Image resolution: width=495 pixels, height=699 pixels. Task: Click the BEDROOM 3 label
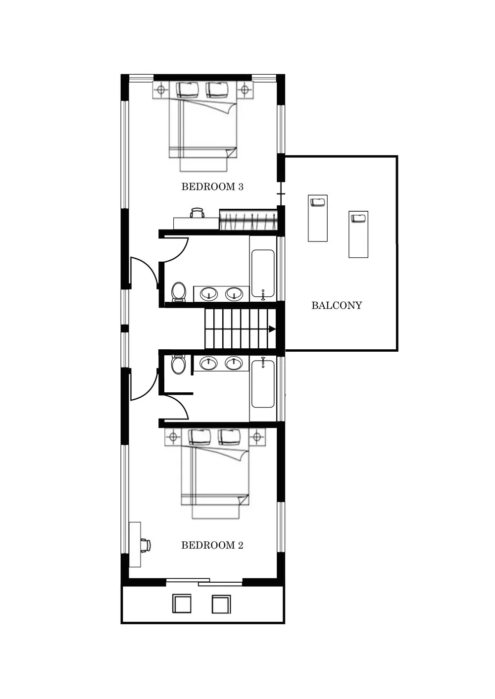(x=212, y=187)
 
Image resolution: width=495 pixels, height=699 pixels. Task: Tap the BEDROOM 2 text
(x=212, y=546)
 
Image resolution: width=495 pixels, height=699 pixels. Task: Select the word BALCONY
(x=337, y=306)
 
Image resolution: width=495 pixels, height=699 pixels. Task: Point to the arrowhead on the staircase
(x=272, y=329)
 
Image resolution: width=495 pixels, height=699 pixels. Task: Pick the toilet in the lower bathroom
(x=178, y=365)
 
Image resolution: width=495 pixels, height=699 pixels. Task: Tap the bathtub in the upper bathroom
(x=263, y=274)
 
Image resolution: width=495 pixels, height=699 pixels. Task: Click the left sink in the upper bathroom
(x=209, y=294)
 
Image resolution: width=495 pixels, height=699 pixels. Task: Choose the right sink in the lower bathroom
(x=234, y=363)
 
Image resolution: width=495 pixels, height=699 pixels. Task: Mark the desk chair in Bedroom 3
(x=197, y=213)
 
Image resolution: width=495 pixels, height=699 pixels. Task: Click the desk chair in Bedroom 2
(x=145, y=545)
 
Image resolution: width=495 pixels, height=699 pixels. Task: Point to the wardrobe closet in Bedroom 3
(x=247, y=220)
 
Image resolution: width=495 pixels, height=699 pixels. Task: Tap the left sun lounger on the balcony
(x=318, y=218)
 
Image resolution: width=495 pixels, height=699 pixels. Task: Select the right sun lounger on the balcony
(x=358, y=234)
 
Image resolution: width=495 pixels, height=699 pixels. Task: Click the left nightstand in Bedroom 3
(x=160, y=90)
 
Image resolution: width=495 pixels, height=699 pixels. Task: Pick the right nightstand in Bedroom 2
(x=256, y=437)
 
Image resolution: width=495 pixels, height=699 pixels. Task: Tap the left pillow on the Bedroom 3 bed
(x=188, y=90)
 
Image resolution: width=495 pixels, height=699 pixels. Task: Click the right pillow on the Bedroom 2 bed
(x=229, y=436)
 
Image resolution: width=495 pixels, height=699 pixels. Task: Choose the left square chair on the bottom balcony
(x=182, y=604)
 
